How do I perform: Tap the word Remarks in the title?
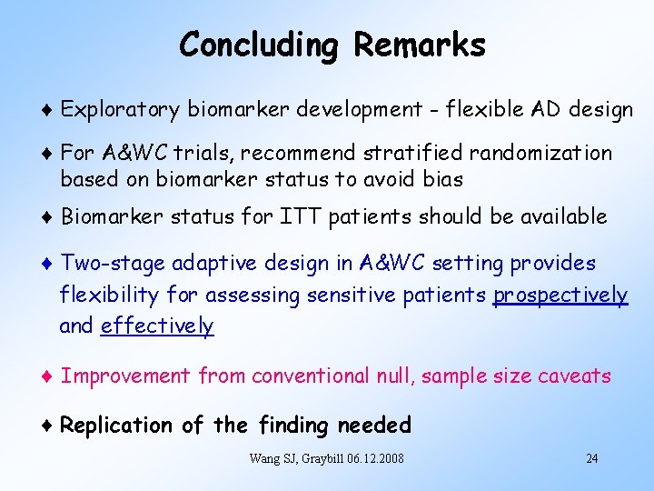point(420,45)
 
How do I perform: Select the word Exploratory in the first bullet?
point(121,111)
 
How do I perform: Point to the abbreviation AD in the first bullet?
point(550,111)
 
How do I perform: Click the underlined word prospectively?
point(560,296)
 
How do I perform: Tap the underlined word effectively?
point(157,326)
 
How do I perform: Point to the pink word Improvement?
point(125,376)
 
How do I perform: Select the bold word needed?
point(373,426)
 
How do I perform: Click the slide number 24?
point(591,458)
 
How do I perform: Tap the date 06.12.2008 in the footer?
point(372,458)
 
